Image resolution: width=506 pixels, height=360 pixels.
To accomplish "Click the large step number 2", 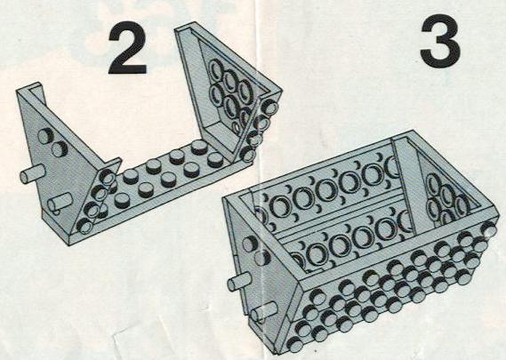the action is tap(127, 48).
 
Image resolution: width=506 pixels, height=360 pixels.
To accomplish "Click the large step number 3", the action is tap(440, 41).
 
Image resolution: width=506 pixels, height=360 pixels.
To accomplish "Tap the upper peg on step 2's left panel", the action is tap(33, 174).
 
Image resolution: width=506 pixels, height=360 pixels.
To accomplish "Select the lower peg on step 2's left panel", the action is tap(60, 203).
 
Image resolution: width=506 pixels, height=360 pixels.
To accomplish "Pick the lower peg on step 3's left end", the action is tap(264, 312).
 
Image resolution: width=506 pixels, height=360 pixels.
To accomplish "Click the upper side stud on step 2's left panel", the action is tap(46, 135).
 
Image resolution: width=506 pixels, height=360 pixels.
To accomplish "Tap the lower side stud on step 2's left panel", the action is tap(60, 149).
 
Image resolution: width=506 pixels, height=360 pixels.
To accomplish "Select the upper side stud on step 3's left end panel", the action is tap(250, 244).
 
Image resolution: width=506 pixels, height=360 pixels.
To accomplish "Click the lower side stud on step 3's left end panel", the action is tap(262, 257).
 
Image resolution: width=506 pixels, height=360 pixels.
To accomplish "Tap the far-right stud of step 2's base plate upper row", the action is tap(199, 148).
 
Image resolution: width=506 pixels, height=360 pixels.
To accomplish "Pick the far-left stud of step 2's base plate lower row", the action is tap(123, 201).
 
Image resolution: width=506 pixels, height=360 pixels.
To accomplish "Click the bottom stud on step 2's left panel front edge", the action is tap(85, 226).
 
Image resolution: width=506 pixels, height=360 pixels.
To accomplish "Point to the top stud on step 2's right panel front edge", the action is tap(269, 107).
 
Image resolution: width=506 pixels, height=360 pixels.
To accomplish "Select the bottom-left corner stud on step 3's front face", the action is tap(295, 344).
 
